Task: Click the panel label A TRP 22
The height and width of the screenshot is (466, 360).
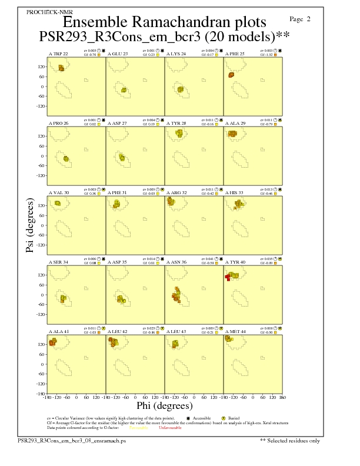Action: [x=58, y=54]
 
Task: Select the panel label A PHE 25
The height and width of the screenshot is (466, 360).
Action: [x=235, y=54]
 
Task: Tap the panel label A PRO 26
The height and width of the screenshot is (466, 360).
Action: [x=58, y=124]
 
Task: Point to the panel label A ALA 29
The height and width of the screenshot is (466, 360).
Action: [x=235, y=124]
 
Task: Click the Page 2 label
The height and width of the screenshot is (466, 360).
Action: [x=301, y=19]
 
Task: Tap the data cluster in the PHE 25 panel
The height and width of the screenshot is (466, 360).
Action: [x=231, y=75]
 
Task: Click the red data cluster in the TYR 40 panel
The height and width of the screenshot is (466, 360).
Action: [x=228, y=277]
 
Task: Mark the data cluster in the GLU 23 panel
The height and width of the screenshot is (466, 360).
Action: [x=124, y=90]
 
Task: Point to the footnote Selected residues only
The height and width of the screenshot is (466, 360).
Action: [x=290, y=440]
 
